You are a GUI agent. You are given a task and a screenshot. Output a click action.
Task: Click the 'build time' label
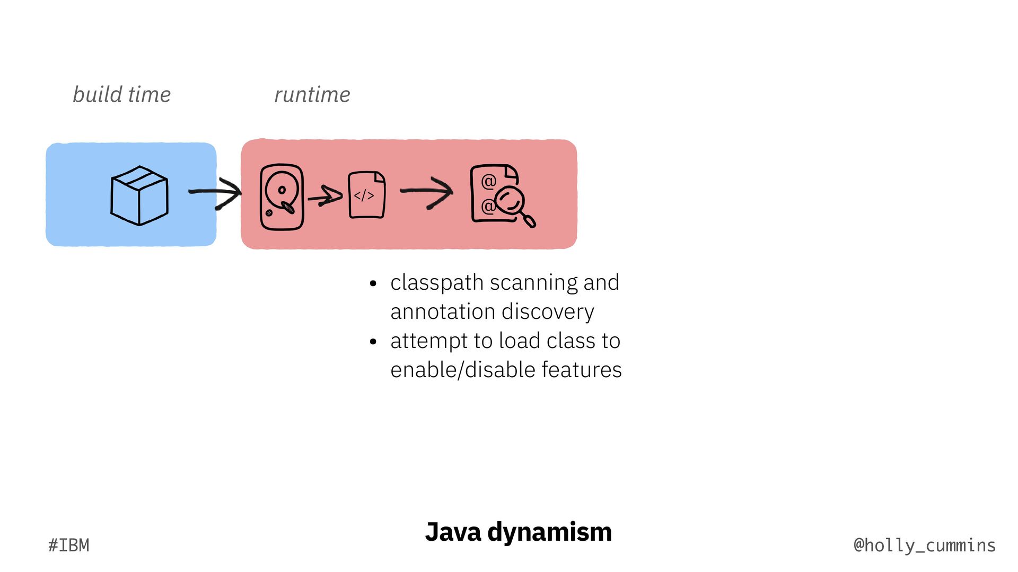click(121, 95)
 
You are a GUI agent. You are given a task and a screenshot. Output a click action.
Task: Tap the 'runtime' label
click(312, 95)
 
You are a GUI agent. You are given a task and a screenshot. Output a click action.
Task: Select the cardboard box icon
click(139, 195)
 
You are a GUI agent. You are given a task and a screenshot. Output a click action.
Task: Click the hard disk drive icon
click(282, 197)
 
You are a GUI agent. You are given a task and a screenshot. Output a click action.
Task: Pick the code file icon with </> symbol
click(366, 194)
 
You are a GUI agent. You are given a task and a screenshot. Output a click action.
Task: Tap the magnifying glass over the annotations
click(512, 204)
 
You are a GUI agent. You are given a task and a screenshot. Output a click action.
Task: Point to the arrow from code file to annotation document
click(427, 192)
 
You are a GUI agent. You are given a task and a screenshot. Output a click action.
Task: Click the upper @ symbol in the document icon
click(488, 182)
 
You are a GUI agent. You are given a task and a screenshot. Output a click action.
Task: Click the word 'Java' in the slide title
click(453, 532)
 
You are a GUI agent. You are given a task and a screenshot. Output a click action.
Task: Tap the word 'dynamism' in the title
click(549, 532)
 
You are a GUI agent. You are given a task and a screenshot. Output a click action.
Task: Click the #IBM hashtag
click(69, 545)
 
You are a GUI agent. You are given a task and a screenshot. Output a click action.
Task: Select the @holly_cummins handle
click(925, 545)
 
